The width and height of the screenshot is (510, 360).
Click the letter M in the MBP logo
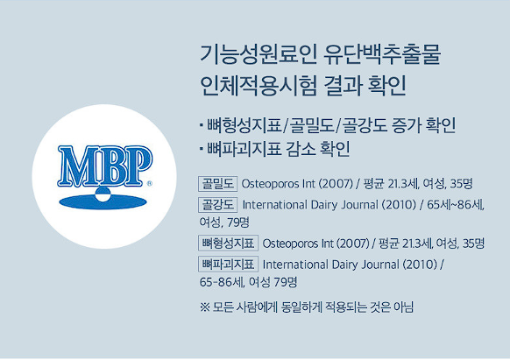75,166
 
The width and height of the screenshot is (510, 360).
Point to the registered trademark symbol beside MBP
150,184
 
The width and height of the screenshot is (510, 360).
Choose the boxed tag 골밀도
216,184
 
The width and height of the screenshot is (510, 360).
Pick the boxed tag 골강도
216,205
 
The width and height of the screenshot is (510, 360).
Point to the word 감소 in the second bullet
301,147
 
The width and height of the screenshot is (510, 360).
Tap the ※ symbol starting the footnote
205,307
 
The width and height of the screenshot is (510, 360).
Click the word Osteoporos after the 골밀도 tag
269,184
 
